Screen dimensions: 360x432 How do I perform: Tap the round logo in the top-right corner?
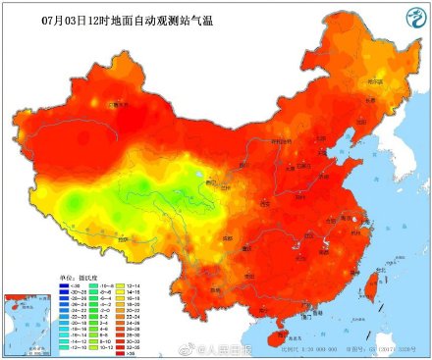(405, 19)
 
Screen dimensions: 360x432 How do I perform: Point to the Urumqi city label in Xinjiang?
(119, 104)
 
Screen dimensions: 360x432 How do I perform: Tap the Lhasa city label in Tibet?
(122, 237)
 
